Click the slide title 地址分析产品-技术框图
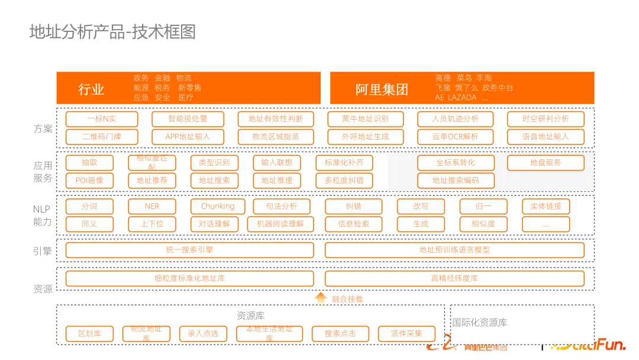[112, 31]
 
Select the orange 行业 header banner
[188, 88]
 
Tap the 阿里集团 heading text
[382, 89]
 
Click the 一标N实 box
[102, 119]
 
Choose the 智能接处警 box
[188, 119]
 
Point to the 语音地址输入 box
[546, 137]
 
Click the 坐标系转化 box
[456, 163]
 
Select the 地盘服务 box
[546, 163]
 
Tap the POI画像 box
[89, 181]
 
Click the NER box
[152, 207]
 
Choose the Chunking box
[218, 207]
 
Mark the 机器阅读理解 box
[280, 224]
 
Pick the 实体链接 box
[546, 207]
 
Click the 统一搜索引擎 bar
[189, 250]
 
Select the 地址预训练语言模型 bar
[454, 250]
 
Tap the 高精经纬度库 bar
[454, 278]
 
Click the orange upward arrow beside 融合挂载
[321, 298]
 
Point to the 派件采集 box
[406, 334]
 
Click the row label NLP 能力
[42, 216]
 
